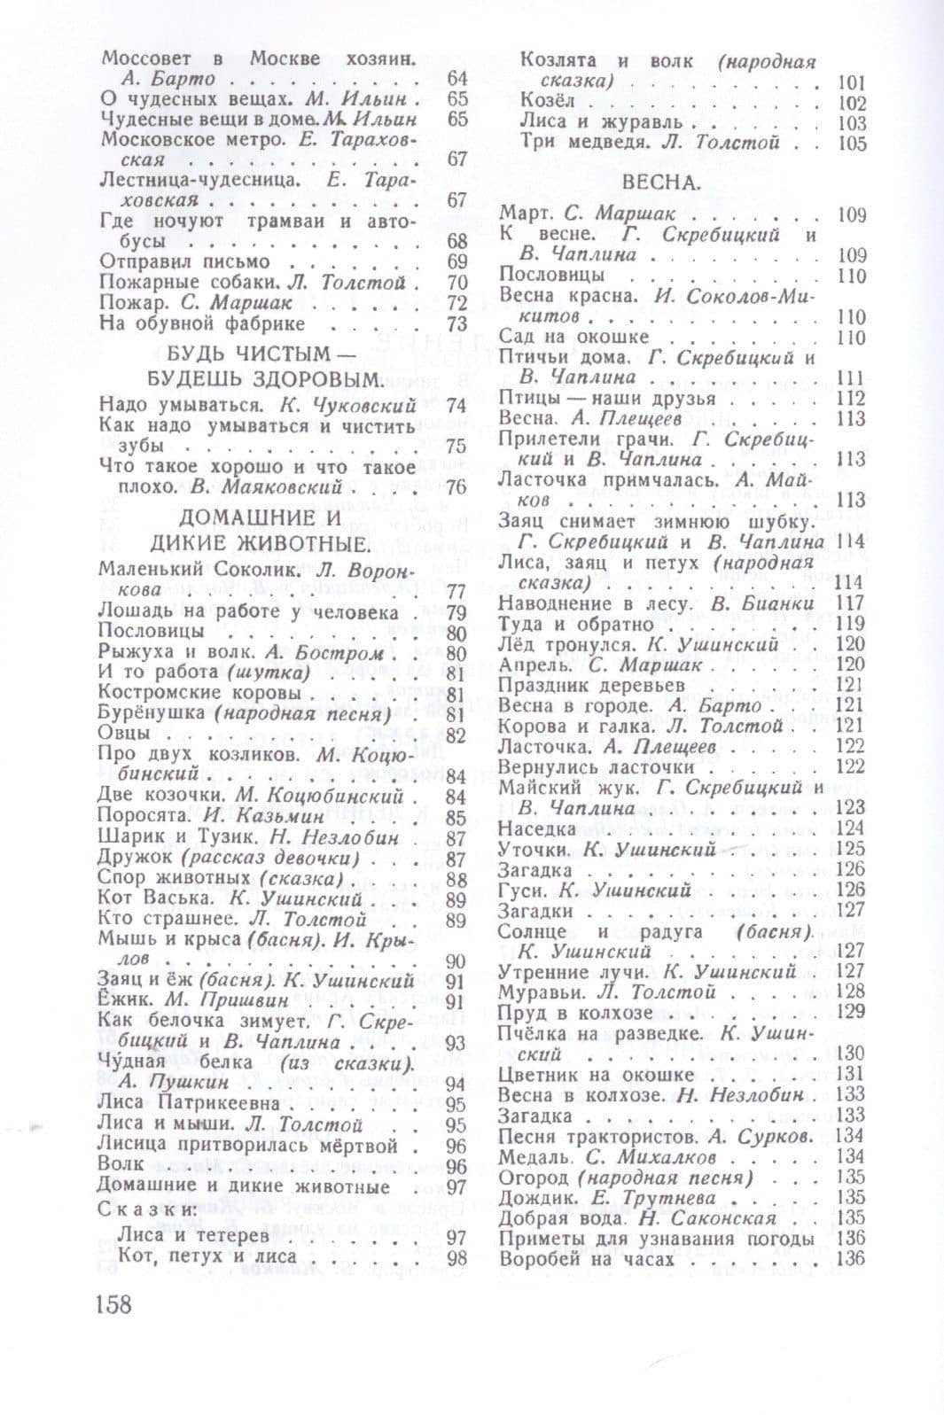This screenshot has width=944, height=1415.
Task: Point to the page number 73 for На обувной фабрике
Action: click(456, 323)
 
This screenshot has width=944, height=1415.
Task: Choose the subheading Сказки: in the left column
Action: click(144, 1209)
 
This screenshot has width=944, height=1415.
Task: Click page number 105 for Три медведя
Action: click(851, 143)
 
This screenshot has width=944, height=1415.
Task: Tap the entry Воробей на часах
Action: click(587, 1258)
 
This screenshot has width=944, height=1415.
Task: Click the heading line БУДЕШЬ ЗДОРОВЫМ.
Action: click(264, 380)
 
